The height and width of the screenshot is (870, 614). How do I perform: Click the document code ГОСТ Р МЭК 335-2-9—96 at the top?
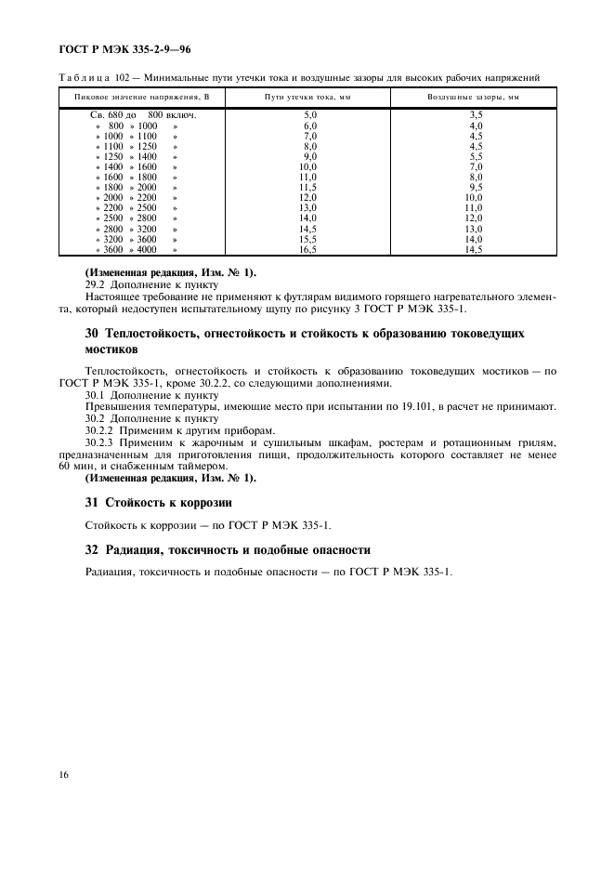(126, 46)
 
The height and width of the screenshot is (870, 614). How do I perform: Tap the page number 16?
(64, 773)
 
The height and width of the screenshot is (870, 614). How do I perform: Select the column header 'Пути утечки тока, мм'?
(310, 97)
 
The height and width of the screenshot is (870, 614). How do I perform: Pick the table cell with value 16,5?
(310, 249)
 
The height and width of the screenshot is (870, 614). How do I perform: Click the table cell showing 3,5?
(476, 114)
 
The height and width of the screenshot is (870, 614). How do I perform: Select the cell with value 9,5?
(476, 187)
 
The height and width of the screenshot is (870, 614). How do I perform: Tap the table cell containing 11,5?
(310, 187)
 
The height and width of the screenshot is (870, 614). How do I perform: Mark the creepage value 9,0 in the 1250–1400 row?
(310, 156)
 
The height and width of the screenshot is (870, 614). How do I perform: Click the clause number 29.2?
(97, 284)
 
